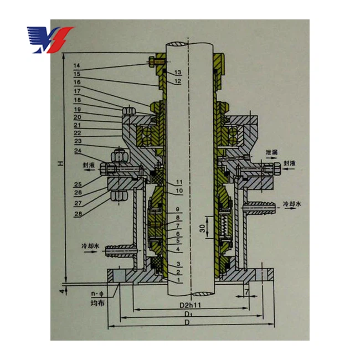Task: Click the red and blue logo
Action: point(50,39)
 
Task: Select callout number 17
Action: point(76,91)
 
